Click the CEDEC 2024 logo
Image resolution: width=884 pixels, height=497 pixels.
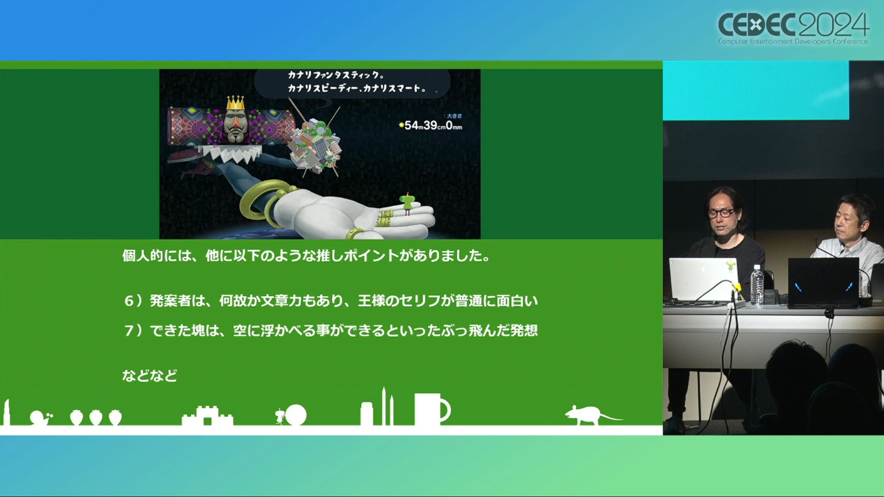click(793, 28)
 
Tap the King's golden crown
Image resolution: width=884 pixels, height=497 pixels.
click(235, 103)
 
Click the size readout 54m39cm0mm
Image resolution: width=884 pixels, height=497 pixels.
click(430, 125)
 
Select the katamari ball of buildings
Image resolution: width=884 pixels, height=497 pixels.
click(315, 145)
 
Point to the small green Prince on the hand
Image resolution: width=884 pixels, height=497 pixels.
click(407, 204)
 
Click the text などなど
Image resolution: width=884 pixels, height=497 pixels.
click(150, 376)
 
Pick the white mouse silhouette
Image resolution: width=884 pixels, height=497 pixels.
click(592, 415)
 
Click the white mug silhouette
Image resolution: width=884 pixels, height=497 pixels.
click(431, 409)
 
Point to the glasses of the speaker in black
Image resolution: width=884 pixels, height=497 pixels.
click(721, 213)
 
